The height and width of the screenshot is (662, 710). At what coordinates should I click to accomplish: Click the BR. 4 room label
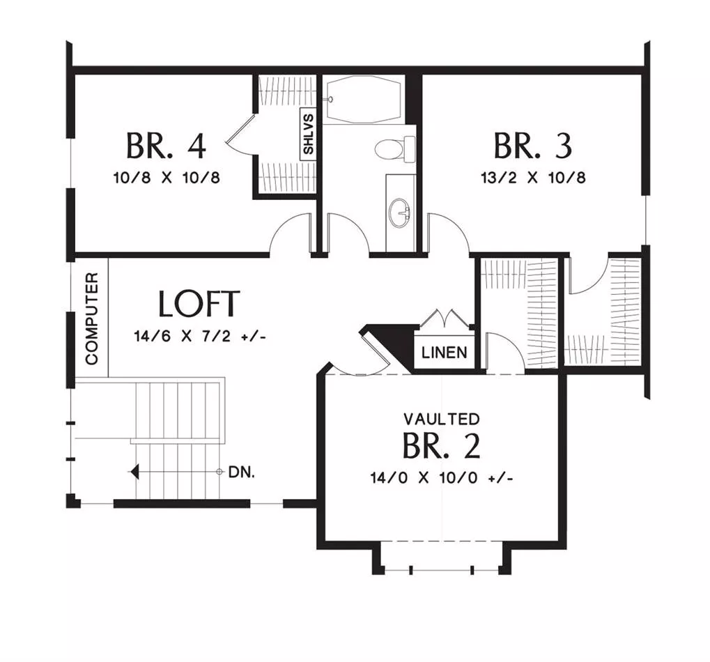pos(166,146)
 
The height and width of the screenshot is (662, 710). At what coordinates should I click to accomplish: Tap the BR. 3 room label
pos(533,146)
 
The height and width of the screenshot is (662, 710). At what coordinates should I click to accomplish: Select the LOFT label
pos(199,303)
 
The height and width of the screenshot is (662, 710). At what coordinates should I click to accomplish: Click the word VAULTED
pos(442,419)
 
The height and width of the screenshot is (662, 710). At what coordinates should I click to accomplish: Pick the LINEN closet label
pos(445,353)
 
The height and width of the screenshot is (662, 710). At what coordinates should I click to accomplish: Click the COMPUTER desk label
pos(91,318)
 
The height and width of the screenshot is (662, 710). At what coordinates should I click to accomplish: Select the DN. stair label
pos(242,472)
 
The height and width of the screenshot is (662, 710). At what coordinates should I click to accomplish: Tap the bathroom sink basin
pos(400,213)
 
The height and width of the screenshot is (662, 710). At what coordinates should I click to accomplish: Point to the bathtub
pos(364,99)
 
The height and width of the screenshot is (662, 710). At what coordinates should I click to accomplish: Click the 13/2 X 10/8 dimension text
pos(533,178)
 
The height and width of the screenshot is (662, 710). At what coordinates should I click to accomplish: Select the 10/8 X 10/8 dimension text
pos(167,178)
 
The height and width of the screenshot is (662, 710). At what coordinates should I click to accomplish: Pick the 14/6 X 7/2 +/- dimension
pos(200,336)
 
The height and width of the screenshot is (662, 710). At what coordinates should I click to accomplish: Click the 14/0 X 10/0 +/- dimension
pos(442,478)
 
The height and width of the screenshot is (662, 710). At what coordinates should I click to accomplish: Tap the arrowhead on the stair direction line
pos(134,472)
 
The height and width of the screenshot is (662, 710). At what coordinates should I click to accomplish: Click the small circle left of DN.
pos(219,472)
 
